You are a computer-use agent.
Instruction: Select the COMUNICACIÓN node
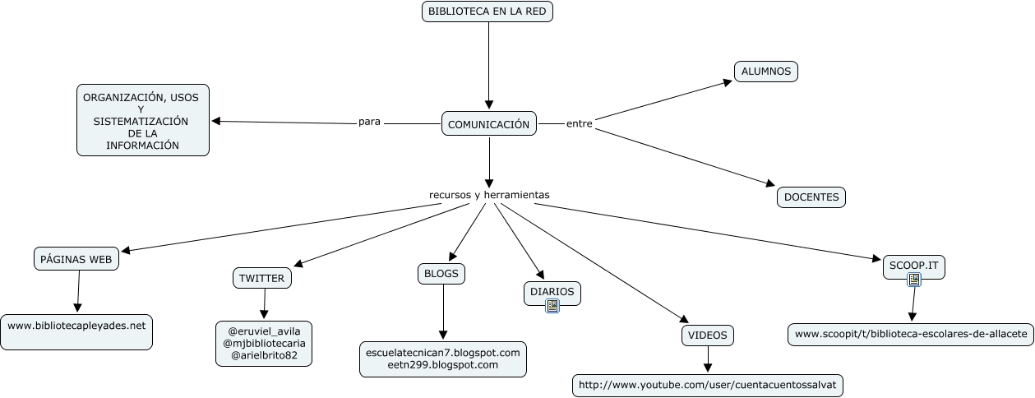(x=488, y=124)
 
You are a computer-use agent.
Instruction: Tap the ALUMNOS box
(x=765, y=72)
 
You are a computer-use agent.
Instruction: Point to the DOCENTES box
(x=811, y=197)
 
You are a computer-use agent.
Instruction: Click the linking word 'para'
(x=369, y=122)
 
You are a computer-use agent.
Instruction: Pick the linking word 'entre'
(x=579, y=123)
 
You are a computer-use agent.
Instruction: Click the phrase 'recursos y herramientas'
(x=488, y=195)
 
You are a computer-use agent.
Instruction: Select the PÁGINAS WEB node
(x=77, y=259)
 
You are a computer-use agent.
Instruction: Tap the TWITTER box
(x=261, y=278)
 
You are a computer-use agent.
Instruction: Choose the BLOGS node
(x=441, y=273)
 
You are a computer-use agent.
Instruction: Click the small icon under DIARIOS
(x=552, y=306)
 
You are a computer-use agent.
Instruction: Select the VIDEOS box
(x=707, y=336)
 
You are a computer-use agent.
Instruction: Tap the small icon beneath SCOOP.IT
(x=913, y=280)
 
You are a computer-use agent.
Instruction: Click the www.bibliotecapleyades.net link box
(x=76, y=326)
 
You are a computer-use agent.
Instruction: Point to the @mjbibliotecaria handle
(x=263, y=343)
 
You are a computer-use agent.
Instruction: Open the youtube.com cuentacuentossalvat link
(x=707, y=384)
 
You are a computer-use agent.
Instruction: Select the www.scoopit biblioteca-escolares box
(x=911, y=334)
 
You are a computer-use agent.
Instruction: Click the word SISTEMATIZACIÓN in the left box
(x=141, y=122)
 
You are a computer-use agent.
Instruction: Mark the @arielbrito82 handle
(x=263, y=355)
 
